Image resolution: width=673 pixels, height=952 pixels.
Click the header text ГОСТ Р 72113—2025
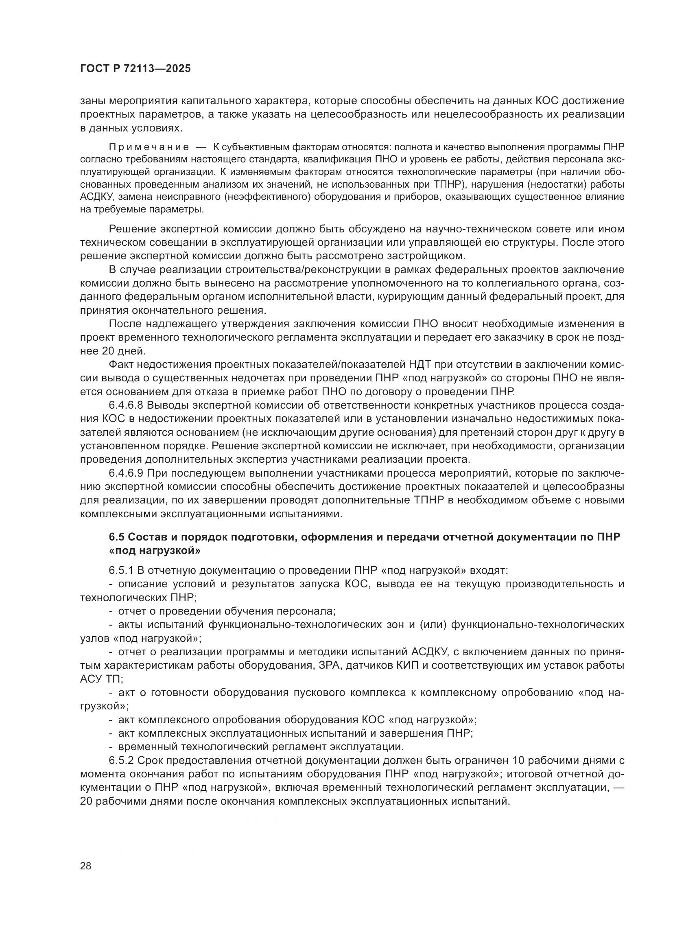[x=135, y=69]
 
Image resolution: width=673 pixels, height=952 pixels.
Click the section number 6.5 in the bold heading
[x=116, y=537]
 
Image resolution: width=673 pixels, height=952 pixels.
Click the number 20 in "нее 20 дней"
[x=107, y=351]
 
